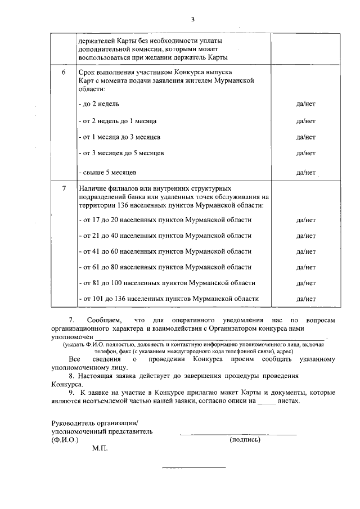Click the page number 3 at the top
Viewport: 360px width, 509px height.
192,19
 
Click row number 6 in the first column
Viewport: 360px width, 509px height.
64,73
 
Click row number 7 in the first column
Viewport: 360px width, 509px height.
64,188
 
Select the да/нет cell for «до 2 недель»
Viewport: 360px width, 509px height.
305,104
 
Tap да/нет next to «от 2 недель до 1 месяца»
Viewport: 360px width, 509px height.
305,121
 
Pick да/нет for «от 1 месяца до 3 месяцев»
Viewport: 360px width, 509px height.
305,137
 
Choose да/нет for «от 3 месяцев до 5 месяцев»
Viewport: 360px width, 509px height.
305,153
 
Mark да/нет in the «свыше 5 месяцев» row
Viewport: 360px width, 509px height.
305,172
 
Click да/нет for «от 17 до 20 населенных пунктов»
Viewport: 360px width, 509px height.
305,220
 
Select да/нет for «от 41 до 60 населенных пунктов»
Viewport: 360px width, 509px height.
305,251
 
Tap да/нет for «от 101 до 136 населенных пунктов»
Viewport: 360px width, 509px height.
305,299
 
